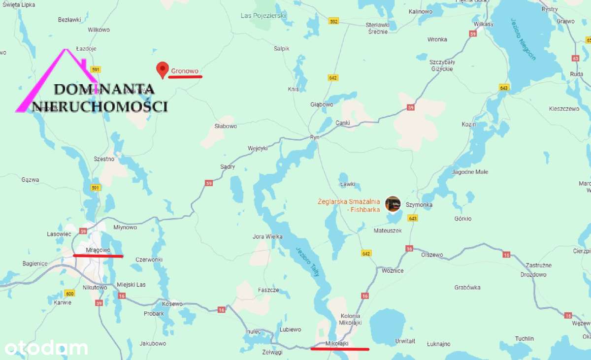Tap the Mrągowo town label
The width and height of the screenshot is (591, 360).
point(98,250)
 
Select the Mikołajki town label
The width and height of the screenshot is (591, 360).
point(337,343)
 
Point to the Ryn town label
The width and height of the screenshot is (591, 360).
point(315,137)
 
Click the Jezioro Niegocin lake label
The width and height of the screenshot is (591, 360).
point(526,39)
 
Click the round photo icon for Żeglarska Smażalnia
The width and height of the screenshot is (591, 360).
point(393,203)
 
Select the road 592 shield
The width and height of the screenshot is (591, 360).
point(334,21)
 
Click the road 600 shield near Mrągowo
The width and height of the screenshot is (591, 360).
point(70,293)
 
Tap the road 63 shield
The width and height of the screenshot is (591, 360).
point(575,58)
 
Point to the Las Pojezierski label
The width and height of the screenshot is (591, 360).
point(263,16)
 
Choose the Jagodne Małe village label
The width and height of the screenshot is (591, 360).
point(470,172)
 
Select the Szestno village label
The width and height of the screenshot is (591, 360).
point(104,159)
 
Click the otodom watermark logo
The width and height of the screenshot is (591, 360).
point(46,348)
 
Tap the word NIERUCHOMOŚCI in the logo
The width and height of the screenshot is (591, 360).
point(100,106)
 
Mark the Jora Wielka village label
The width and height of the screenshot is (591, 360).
point(267,236)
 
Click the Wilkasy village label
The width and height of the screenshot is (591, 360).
point(483,23)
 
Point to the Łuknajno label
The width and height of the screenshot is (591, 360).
point(438,344)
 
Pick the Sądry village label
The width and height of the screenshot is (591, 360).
point(228,166)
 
